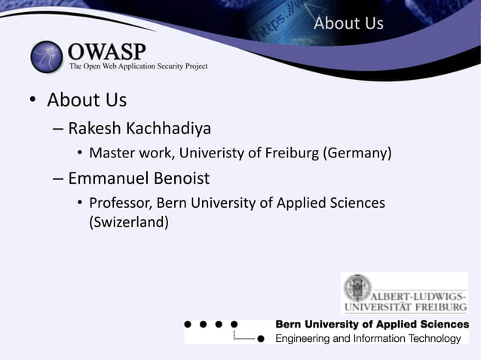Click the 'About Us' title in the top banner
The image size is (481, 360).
[348, 23]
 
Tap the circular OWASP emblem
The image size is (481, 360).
[47, 56]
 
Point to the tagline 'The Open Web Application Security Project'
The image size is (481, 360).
[138, 66]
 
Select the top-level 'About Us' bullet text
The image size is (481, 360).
[87, 99]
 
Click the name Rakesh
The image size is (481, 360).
[96, 127]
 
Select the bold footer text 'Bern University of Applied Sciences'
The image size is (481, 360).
[372, 324]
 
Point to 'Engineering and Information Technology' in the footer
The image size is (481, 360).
[367, 339]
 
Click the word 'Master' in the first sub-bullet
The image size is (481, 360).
[111, 154]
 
